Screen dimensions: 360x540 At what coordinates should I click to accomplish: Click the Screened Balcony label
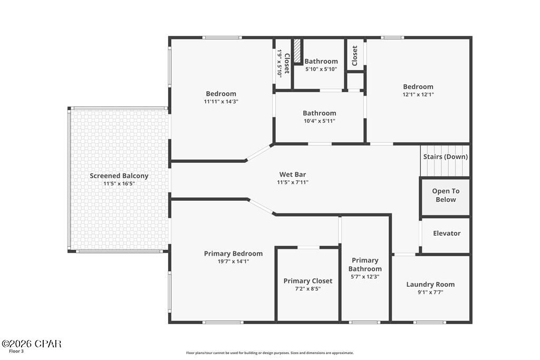[119, 176]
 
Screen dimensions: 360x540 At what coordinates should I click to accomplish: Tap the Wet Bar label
[293, 174]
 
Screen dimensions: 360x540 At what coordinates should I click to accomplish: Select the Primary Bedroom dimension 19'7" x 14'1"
[233, 261]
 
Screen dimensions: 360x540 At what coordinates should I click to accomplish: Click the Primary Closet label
[308, 281]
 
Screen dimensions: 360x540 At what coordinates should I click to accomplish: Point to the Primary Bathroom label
[365, 264]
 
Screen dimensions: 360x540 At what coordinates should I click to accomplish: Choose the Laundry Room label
[430, 284]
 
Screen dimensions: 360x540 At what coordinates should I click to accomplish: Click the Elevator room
[446, 233]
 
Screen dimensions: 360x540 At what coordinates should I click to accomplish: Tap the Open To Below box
[446, 196]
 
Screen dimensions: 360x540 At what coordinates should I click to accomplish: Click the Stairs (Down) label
[445, 157]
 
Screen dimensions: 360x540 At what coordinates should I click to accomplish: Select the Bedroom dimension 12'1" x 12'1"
[418, 95]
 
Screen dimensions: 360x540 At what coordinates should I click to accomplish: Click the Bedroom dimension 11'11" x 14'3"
[221, 102]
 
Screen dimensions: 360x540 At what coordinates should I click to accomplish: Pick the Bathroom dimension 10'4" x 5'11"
[319, 121]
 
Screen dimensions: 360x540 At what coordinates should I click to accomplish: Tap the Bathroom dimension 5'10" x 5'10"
[322, 69]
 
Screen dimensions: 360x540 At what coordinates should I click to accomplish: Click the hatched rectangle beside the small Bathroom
[297, 51]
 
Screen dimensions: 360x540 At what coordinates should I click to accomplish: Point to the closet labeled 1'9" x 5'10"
[283, 63]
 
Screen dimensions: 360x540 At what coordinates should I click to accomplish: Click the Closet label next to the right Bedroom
[355, 55]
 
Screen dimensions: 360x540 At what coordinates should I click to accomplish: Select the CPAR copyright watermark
[31, 344]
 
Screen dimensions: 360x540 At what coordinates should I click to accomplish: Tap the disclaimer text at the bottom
[269, 353]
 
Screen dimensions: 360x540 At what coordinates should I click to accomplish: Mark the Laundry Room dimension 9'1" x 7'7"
[430, 292]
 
